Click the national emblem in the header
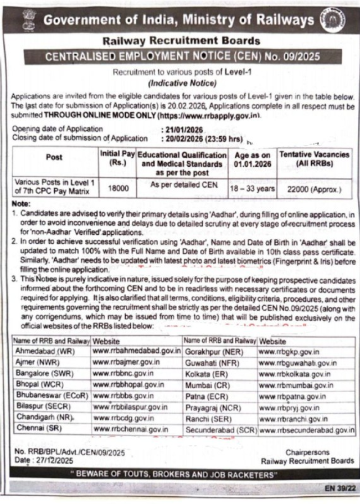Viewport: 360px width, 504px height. pos(28,22)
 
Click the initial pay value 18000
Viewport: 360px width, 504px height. pos(118,188)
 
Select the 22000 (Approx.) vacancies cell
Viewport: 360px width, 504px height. pos(315,190)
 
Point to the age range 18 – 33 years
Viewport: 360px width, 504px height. pos(252,189)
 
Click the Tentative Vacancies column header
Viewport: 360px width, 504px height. pos(315,159)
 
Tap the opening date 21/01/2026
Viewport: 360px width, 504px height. pos(181,129)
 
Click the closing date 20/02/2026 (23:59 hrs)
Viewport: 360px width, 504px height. pos(202,137)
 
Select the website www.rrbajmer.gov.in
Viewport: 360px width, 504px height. pos(127,361)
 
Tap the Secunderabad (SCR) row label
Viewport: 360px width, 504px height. pos(220,429)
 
